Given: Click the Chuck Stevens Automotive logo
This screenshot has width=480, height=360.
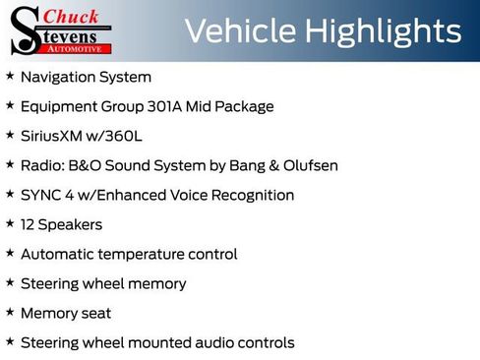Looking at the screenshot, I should point(61,30).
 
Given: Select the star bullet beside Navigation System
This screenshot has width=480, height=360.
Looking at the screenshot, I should point(10,76).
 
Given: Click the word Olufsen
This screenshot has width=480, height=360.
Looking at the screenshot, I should point(309,165).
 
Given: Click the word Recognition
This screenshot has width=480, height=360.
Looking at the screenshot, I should point(252,195).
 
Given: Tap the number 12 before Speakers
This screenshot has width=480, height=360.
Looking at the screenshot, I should point(29,224).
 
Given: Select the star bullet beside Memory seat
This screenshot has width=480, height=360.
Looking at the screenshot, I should point(10,312).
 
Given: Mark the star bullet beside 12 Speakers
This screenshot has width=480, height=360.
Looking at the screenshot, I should point(10,223).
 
